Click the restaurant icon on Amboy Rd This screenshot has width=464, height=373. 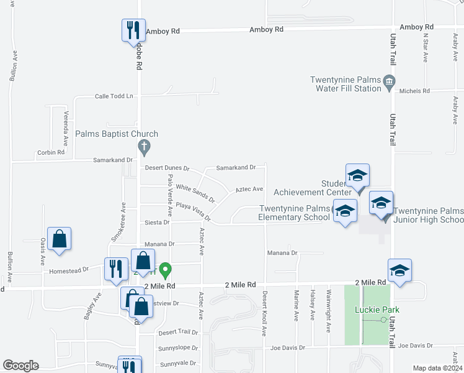pyautogui.click(x=132, y=30)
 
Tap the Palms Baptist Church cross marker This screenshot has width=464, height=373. pyautogui.click(x=144, y=147)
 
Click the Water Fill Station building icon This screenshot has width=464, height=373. pyautogui.click(x=390, y=81)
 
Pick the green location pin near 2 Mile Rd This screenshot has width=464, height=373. pyautogui.click(x=165, y=270)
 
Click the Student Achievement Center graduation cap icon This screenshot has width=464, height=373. pyautogui.click(x=357, y=176)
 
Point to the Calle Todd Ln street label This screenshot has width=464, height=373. pyautogui.click(x=114, y=96)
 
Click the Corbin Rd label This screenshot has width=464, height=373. pyautogui.click(x=51, y=152)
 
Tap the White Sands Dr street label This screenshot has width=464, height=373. pyautogui.click(x=195, y=193)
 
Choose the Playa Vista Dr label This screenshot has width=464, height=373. pyautogui.click(x=193, y=211)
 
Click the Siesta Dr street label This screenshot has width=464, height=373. pyautogui.click(x=158, y=223)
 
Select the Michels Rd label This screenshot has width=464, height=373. pyautogui.click(x=414, y=91)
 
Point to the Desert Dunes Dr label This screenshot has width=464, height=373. pyautogui.click(x=166, y=168)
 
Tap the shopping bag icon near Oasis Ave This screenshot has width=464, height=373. pyautogui.click(x=59, y=239)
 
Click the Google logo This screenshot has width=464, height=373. pyautogui.click(x=20, y=366)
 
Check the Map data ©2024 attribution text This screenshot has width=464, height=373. pyautogui.click(x=437, y=368)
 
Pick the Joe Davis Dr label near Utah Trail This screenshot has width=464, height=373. pyautogui.click(x=414, y=346)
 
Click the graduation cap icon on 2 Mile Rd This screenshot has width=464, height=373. pyautogui.click(x=400, y=271)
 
